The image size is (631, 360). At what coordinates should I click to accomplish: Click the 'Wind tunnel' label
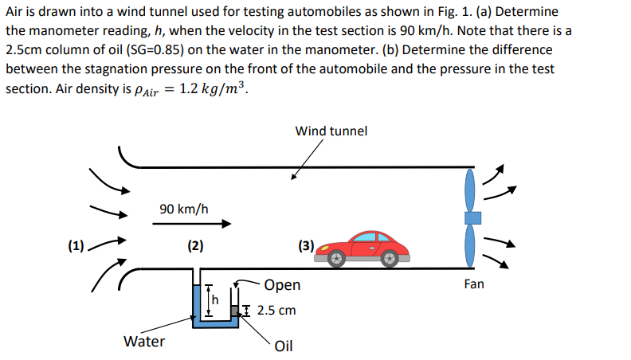[x=331, y=131]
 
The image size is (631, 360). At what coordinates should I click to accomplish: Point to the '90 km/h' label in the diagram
[x=183, y=209]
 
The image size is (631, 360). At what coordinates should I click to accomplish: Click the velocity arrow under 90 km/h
[x=190, y=225]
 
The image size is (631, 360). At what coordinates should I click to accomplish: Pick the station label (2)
[x=194, y=245]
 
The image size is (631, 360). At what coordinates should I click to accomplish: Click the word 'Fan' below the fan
[x=473, y=284]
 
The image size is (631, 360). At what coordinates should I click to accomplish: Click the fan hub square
[x=473, y=217]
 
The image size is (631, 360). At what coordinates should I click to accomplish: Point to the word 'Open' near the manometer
[x=282, y=285]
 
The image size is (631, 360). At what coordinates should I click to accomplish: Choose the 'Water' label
[x=144, y=342]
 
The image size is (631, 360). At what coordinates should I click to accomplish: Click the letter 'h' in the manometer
[x=213, y=300]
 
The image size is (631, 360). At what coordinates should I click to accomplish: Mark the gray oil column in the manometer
[x=235, y=310]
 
